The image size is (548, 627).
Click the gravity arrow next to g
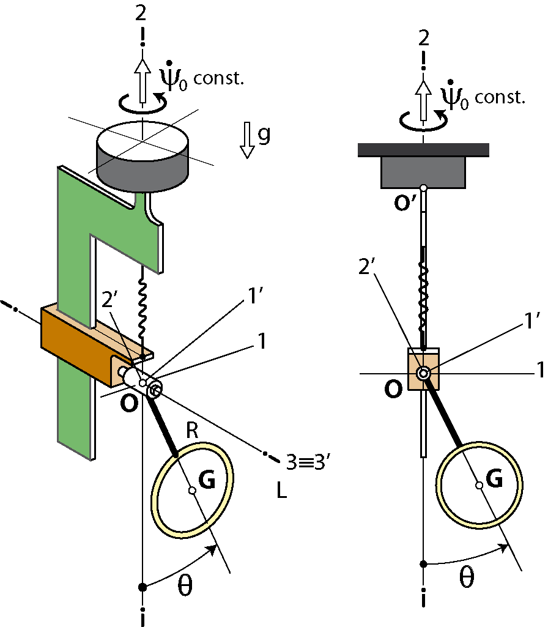click(248, 140)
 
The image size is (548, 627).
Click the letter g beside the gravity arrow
click(264, 135)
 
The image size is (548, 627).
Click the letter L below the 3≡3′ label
click(281, 491)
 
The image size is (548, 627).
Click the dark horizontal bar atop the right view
click(423, 149)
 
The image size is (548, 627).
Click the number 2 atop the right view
click(423, 39)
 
